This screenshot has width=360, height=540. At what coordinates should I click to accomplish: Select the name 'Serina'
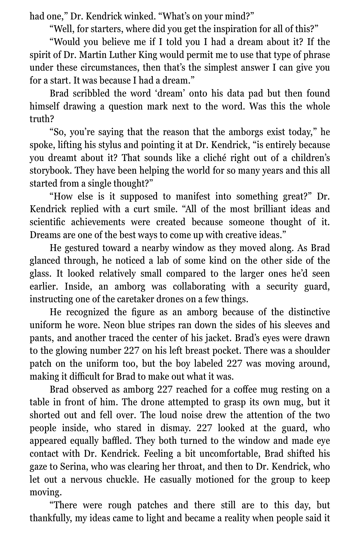click(73, 466)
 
